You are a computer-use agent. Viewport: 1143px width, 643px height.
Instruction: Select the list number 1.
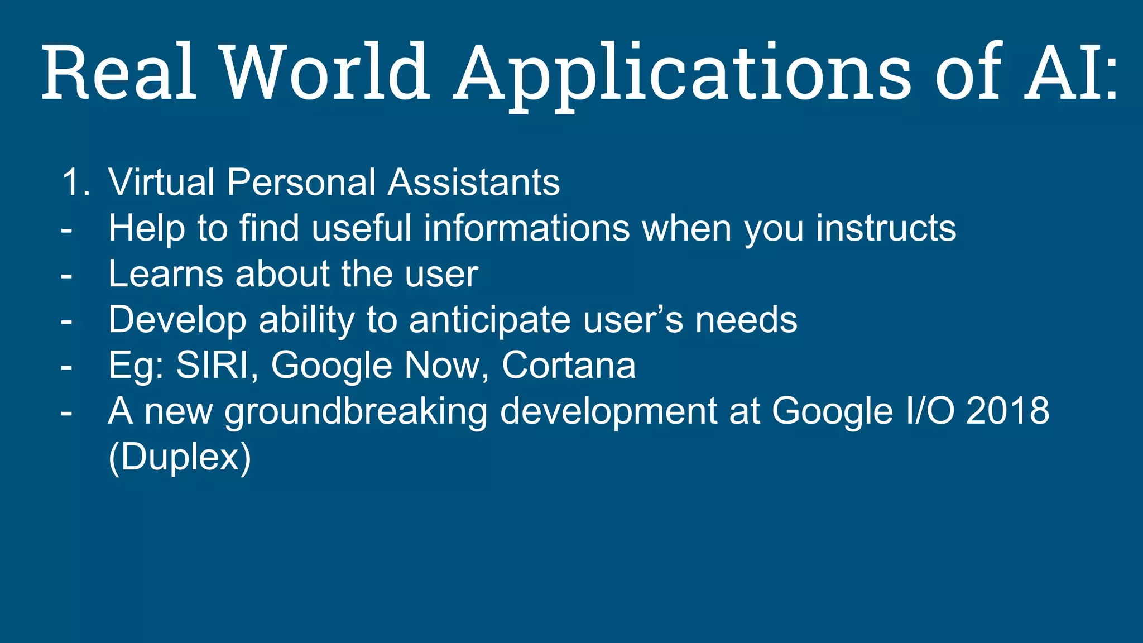tap(75, 182)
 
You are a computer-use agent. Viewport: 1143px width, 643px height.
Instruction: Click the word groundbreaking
tap(356, 411)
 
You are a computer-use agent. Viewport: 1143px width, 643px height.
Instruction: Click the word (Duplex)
tap(180, 457)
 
